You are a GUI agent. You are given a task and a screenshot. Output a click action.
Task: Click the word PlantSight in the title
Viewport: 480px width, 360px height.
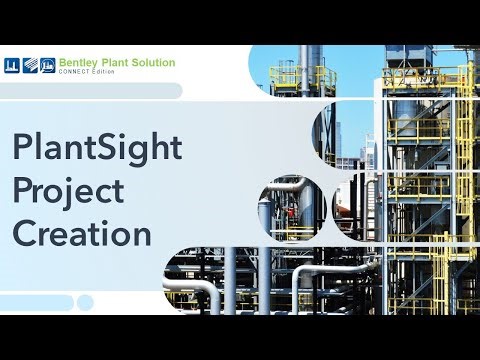(x=97, y=148)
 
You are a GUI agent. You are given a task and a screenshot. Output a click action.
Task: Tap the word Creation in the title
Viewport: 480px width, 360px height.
(x=82, y=234)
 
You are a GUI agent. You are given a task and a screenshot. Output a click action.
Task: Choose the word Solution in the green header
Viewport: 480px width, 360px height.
(x=154, y=63)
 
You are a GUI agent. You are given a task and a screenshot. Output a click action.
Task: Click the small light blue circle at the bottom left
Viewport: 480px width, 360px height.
(x=85, y=302)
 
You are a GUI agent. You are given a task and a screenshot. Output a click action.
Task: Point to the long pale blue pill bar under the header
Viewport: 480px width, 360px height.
(x=90, y=91)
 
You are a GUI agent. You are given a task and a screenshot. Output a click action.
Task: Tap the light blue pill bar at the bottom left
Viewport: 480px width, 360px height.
(x=36, y=302)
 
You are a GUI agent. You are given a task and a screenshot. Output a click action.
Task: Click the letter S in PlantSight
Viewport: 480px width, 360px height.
(x=114, y=148)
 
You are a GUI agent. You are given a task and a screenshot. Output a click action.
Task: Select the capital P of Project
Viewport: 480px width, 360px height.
(x=23, y=191)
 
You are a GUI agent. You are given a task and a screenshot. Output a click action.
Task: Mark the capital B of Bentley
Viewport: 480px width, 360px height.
(x=64, y=63)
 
